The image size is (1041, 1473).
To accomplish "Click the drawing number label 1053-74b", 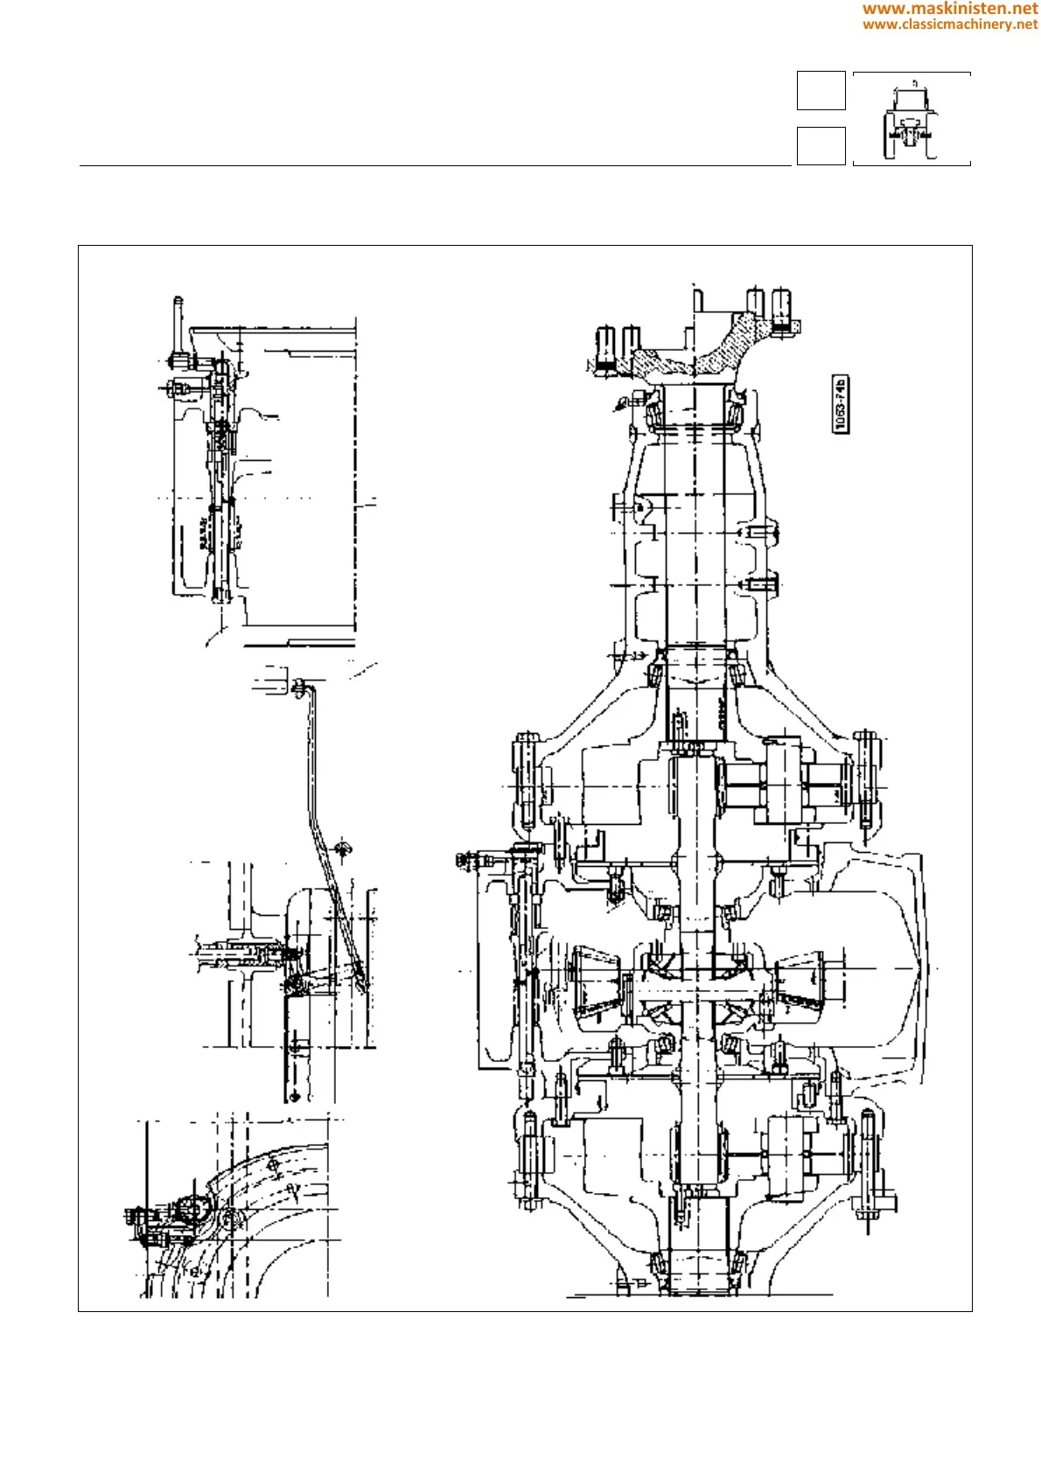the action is pyautogui.click(x=841, y=404).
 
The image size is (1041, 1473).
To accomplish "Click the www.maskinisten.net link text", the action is pyautogui.click(x=950, y=9).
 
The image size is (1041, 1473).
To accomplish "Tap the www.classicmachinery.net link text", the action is pyautogui.click(x=950, y=24).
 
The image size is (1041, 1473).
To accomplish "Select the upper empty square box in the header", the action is pyautogui.click(x=821, y=91).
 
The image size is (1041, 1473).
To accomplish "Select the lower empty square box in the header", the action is pyautogui.click(x=821, y=145).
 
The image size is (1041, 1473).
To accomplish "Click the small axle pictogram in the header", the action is pyautogui.click(x=911, y=119).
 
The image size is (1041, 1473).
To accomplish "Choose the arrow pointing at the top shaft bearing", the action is pyautogui.click(x=624, y=402).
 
